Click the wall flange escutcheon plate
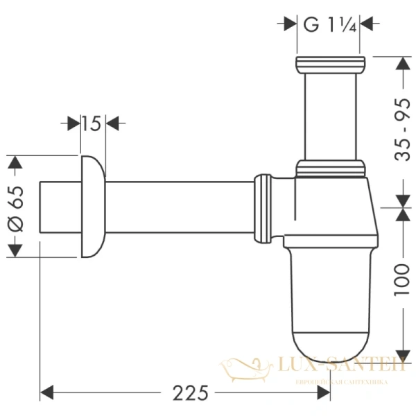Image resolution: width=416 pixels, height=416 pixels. coord(93,207)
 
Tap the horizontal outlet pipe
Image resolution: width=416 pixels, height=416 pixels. coord(180,207)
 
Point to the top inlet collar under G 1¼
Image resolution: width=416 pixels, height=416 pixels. coord(329,67)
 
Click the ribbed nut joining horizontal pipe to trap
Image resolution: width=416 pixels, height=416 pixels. coord(263,208)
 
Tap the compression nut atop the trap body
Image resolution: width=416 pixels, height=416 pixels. coord(329,167)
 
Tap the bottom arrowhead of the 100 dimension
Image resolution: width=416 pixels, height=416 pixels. coord(401,350)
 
